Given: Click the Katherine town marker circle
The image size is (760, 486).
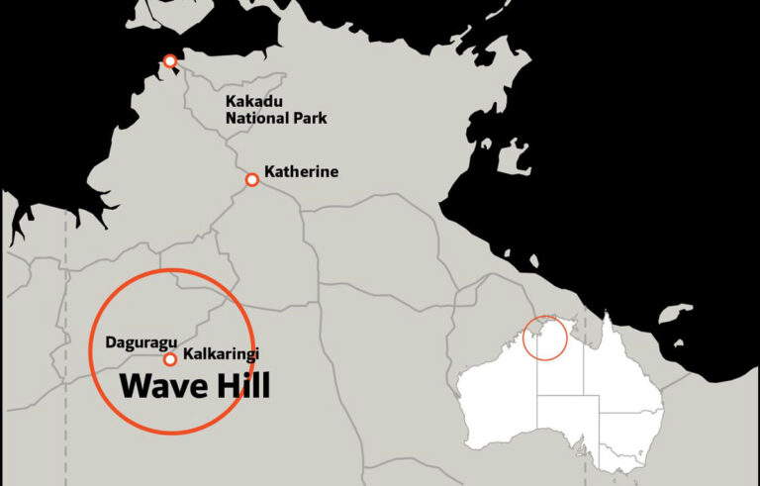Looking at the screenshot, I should (252, 179).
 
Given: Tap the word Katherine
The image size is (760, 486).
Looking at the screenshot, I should (301, 172).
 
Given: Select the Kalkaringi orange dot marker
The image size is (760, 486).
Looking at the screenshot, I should (170, 359).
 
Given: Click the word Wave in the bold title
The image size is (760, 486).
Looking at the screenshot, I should (162, 387).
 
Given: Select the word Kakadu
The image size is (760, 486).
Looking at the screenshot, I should (252, 101).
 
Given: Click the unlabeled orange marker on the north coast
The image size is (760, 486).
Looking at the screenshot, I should (170, 61).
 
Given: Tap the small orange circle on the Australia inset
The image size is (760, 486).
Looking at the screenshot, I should (544, 338).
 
